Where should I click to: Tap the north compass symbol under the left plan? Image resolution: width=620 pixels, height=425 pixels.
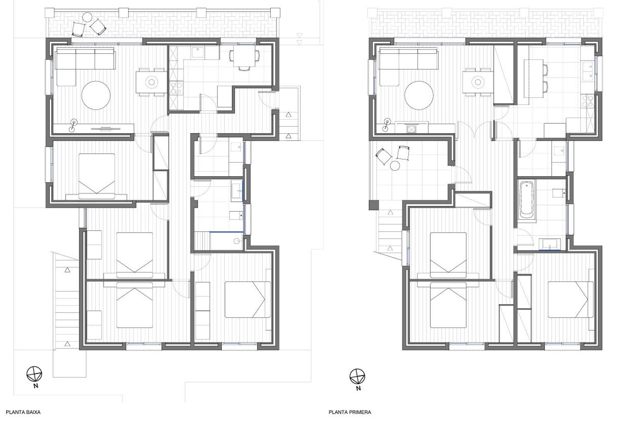[34, 374]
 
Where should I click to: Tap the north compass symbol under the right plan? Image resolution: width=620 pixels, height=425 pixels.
[358, 377]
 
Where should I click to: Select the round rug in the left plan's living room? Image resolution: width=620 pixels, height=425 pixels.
[96, 96]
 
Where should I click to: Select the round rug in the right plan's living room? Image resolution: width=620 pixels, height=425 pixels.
[419, 96]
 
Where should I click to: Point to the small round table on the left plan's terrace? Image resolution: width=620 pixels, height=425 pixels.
[88, 17]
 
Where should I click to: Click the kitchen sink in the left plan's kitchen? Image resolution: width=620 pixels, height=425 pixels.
[198, 53]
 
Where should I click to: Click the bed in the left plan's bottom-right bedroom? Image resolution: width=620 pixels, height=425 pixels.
[248, 300]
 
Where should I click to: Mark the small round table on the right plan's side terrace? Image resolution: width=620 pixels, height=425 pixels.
[395, 166]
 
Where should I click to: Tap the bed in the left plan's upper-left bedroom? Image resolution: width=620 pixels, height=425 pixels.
[97, 177]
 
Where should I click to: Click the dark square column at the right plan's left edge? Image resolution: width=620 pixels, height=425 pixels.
[374, 205]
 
